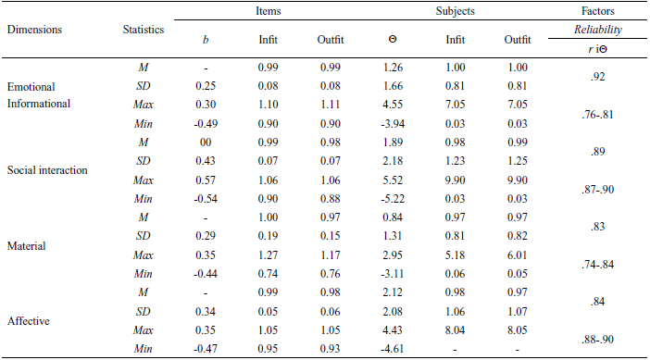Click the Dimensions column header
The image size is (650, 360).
pyautogui.click(x=34, y=29)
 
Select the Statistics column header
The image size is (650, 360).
pyautogui.click(x=144, y=29)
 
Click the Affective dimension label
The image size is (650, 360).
pyautogui.click(x=30, y=320)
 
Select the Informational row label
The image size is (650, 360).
pyautogui.click(x=39, y=104)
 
